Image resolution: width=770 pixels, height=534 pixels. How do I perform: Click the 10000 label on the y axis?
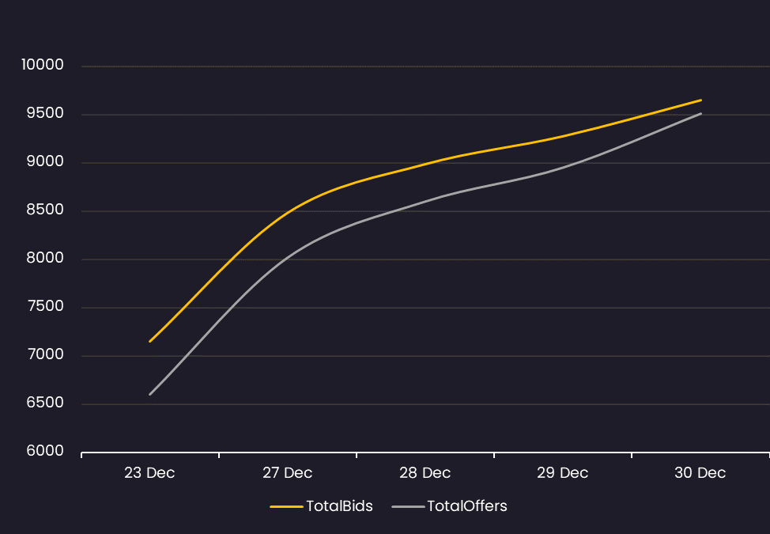[43, 64]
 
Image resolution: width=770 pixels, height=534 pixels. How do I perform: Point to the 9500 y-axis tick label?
[45, 113]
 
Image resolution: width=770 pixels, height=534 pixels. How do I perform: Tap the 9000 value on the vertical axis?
[45, 161]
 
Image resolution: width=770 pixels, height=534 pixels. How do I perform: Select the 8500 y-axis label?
[45, 210]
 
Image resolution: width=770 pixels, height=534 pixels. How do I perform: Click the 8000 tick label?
[45, 257]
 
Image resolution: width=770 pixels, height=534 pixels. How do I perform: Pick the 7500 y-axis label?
[45, 306]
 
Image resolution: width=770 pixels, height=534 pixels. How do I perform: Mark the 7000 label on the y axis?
[45, 354]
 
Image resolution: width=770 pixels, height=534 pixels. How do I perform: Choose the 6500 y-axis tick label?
[45, 403]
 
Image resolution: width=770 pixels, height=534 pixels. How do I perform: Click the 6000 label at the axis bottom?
[45, 450]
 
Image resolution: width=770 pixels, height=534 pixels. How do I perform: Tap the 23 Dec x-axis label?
[149, 472]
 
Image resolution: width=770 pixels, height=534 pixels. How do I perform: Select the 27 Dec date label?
[287, 472]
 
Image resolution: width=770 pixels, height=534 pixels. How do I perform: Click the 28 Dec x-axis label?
[425, 472]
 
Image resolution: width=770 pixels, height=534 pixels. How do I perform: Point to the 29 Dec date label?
[562, 472]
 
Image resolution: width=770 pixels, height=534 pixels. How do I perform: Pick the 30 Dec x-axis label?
[700, 472]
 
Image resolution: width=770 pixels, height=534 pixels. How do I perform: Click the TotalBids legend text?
[339, 506]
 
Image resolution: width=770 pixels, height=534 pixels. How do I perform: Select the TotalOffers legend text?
[467, 506]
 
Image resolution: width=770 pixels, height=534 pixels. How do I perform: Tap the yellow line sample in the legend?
[286, 506]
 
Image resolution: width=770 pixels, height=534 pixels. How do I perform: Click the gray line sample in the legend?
[408, 506]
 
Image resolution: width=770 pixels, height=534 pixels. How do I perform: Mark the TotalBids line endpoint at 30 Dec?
[700, 100]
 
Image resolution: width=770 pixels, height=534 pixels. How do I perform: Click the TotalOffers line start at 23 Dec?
[149, 395]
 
